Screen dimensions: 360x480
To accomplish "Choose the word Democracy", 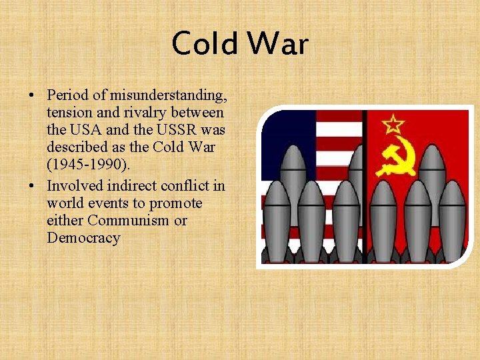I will [83, 238].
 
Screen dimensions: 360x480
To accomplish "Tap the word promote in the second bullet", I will [177, 203].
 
